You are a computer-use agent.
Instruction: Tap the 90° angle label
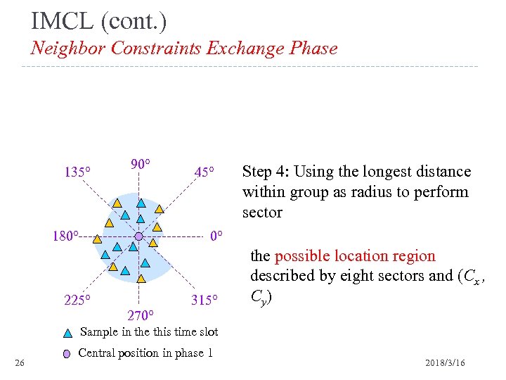pyautogui.click(x=141, y=164)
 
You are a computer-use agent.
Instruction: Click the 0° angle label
pyautogui.click(x=216, y=236)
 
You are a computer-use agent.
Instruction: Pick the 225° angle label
pyautogui.click(x=77, y=300)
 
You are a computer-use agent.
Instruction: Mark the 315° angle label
pyautogui.click(x=205, y=300)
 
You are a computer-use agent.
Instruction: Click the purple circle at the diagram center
pyautogui.click(x=138, y=236)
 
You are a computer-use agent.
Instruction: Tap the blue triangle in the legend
pyautogui.click(x=67, y=334)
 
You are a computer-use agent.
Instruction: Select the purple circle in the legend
pyautogui.click(x=67, y=354)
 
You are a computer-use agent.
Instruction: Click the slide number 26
pyautogui.click(x=20, y=362)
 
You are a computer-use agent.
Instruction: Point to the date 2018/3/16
pyautogui.click(x=445, y=362)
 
